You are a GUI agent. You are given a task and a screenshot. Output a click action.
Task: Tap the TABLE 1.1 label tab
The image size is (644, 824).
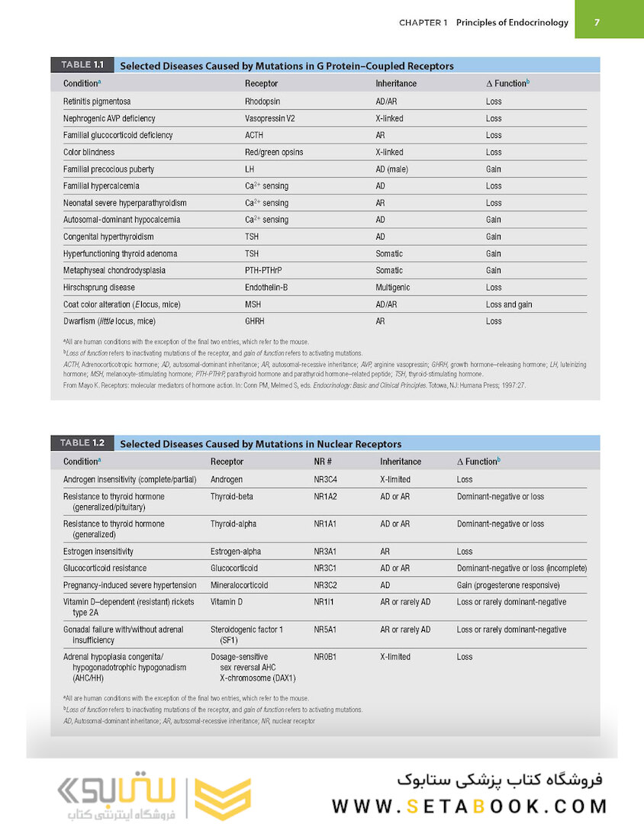[x=82, y=66]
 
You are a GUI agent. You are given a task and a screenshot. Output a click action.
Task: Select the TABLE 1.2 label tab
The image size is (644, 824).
[x=82, y=443]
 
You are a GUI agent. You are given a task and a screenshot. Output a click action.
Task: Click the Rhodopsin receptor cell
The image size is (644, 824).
[x=262, y=101]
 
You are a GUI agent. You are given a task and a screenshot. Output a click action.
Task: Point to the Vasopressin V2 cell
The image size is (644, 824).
[x=269, y=118]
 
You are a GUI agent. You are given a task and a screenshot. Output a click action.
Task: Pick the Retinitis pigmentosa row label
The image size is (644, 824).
[x=96, y=101]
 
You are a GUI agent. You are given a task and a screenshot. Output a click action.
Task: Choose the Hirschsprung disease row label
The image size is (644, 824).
[x=99, y=288]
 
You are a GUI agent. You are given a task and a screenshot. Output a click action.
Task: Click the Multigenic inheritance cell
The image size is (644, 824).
[x=392, y=288]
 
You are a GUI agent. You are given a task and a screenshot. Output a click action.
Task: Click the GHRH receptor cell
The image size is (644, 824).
[x=255, y=321]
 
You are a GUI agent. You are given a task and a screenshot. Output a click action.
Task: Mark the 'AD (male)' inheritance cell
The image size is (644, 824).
[x=392, y=169]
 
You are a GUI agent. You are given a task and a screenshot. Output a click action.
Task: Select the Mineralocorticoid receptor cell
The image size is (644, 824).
[x=244, y=585]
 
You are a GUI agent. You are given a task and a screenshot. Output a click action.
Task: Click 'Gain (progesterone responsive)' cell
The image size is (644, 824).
[x=508, y=585]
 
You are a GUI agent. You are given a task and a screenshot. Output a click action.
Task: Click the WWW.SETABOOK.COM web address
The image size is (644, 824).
[x=469, y=806]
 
